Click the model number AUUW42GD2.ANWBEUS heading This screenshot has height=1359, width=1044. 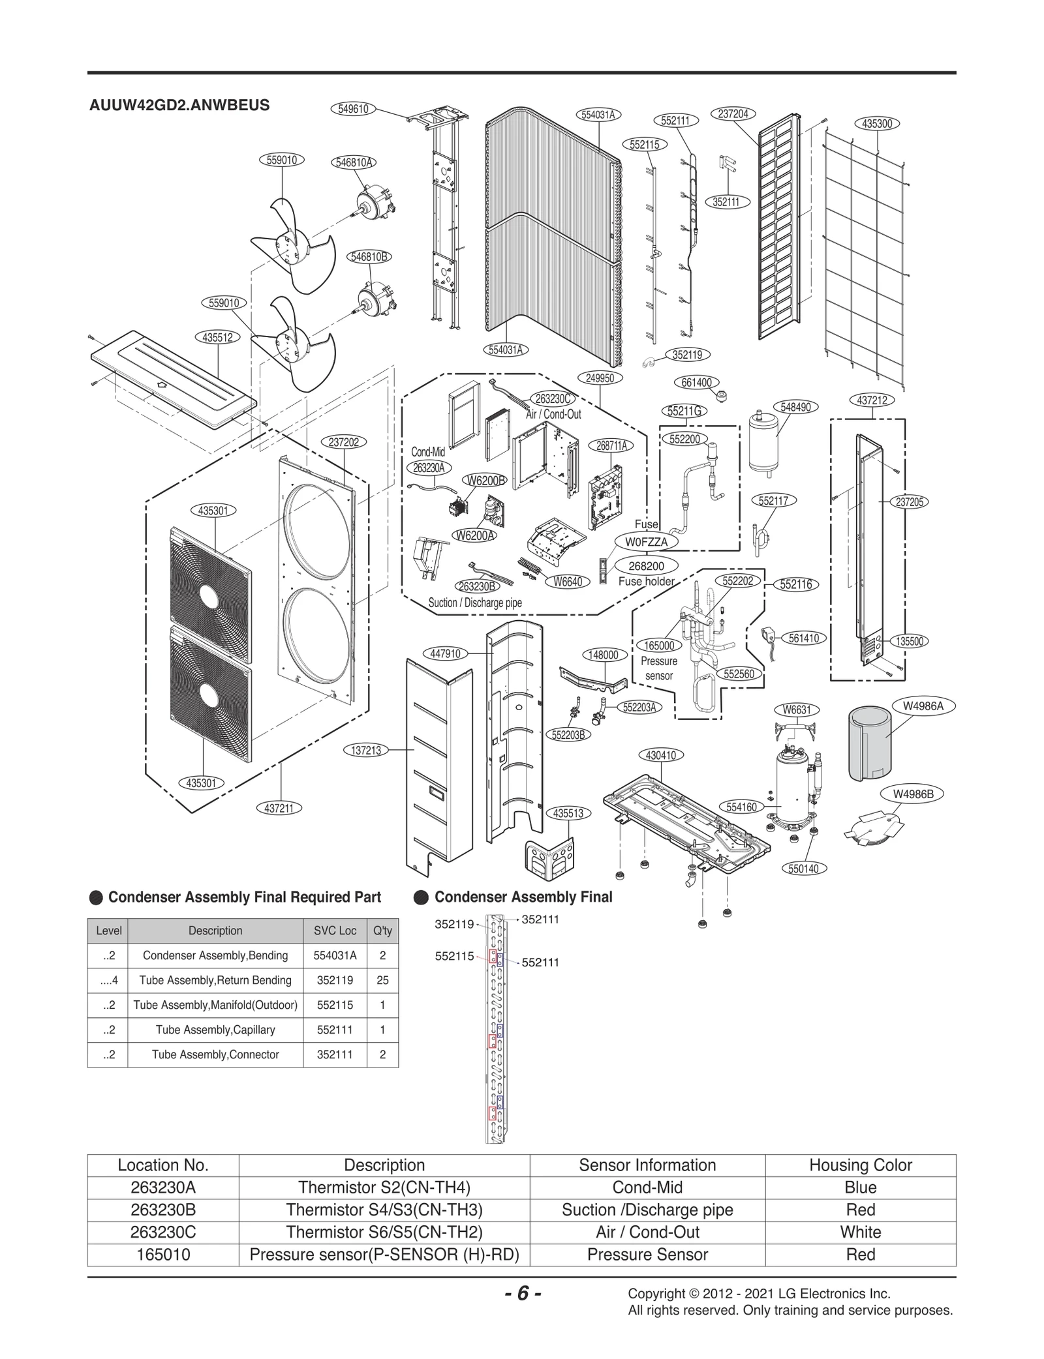179,106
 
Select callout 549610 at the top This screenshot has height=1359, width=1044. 353,109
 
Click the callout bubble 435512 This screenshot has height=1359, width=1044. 217,337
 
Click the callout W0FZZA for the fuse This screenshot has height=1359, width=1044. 647,542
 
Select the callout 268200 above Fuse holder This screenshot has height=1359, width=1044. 646,566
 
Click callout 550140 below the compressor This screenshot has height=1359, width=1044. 804,869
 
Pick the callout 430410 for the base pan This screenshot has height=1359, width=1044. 660,755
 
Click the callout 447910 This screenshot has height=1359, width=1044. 446,653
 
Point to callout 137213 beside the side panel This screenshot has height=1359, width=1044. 366,751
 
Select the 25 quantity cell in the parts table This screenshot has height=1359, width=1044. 382,980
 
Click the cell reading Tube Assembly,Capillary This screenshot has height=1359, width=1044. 215,1030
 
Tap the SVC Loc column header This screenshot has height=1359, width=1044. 335,931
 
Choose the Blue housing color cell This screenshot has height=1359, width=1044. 860,1187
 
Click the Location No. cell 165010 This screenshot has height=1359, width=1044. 163,1254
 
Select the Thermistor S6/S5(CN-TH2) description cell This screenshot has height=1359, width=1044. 384,1232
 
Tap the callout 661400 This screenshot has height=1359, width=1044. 696,383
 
